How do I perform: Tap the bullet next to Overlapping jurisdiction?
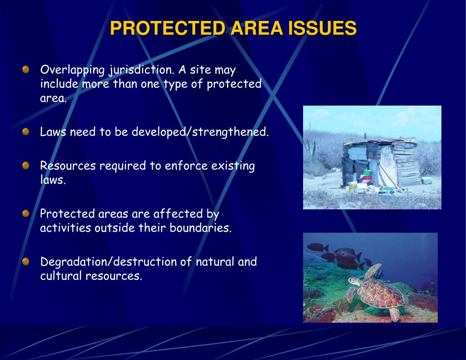[x=26, y=70]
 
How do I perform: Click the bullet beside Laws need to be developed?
[x=26, y=132]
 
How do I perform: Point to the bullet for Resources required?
[x=26, y=165]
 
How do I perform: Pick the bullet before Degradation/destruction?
[x=26, y=261]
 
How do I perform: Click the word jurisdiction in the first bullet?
[x=141, y=71]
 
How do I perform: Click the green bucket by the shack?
[x=367, y=173]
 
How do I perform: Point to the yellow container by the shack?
[x=351, y=187]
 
